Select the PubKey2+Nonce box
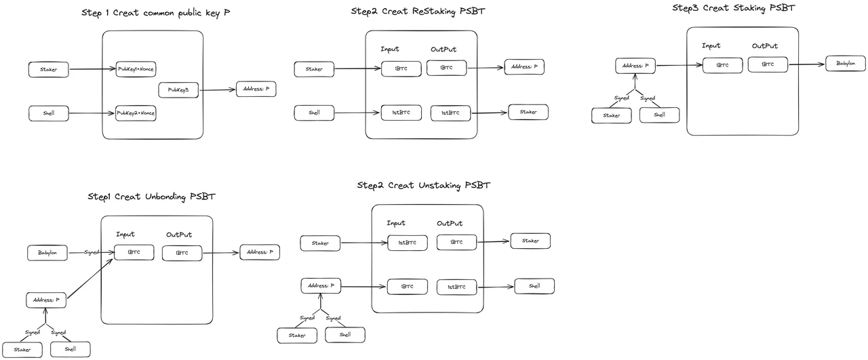click(x=136, y=113)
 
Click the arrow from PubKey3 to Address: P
click(x=218, y=89)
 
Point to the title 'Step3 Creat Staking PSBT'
click(x=733, y=8)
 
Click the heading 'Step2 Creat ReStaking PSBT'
click(x=418, y=12)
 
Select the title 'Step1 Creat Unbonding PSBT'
click(x=152, y=197)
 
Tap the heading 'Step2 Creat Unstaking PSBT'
click(x=423, y=185)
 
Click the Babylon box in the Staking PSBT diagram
click(x=846, y=64)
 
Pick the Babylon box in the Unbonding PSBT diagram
click(x=47, y=254)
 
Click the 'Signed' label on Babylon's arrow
click(x=92, y=252)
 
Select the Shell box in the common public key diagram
click(x=49, y=113)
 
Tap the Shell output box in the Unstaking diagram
click(x=534, y=286)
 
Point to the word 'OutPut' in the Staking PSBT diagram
click(x=764, y=46)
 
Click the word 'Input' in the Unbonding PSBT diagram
click(x=125, y=235)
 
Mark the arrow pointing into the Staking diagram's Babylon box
click(x=807, y=64)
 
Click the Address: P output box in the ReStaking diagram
click(x=525, y=67)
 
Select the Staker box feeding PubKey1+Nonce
click(x=49, y=68)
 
